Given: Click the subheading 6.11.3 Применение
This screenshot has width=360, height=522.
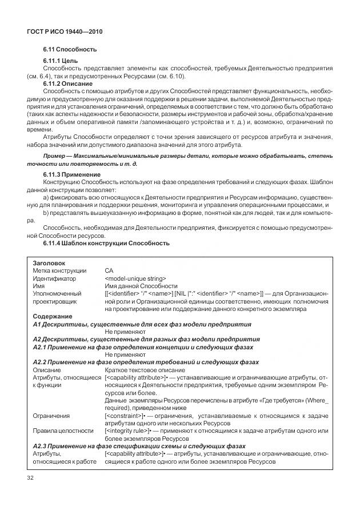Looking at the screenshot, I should [72, 174].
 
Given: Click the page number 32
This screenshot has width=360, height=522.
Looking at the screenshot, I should [31, 477].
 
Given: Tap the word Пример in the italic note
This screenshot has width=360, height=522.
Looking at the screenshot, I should [55, 156].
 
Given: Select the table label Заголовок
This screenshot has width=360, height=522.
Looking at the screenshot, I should [50, 263].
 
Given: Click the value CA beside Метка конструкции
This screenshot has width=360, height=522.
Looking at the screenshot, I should [109, 270].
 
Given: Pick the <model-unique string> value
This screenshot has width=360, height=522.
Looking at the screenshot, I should [135, 278].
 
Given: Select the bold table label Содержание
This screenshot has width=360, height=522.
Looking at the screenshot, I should [53, 316].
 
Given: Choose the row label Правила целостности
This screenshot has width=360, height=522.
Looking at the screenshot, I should [63, 430].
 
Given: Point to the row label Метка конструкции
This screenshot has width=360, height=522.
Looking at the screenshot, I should [59, 270].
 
